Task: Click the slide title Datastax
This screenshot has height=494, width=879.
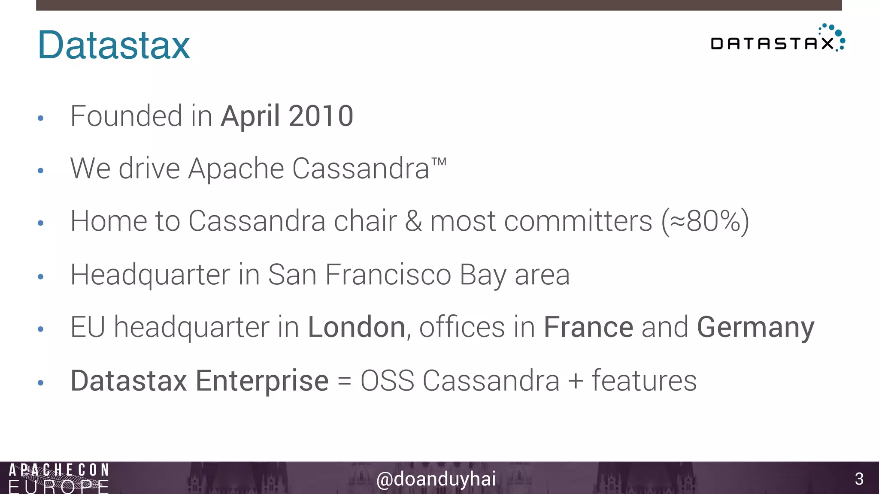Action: (x=114, y=45)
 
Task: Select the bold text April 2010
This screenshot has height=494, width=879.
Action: (x=287, y=116)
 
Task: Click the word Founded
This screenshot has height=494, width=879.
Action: (x=126, y=116)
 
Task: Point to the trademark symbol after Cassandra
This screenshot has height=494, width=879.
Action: (x=439, y=162)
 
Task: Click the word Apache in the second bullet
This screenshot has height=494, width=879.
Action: (x=236, y=169)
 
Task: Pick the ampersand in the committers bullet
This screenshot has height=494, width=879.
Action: (x=413, y=221)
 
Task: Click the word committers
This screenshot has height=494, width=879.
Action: (x=578, y=221)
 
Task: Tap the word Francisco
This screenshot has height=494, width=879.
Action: (x=388, y=274)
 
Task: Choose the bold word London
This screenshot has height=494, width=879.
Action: (x=357, y=327)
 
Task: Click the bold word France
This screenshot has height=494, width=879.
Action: (x=588, y=327)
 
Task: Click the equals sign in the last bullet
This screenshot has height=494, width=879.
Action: (x=344, y=381)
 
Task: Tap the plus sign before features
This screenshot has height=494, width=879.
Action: (x=576, y=381)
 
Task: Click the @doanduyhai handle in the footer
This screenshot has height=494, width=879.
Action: (x=436, y=479)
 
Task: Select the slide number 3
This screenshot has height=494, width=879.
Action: (x=859, y=479)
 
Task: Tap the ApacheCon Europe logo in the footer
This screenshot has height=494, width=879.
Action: (x=59, y=478)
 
